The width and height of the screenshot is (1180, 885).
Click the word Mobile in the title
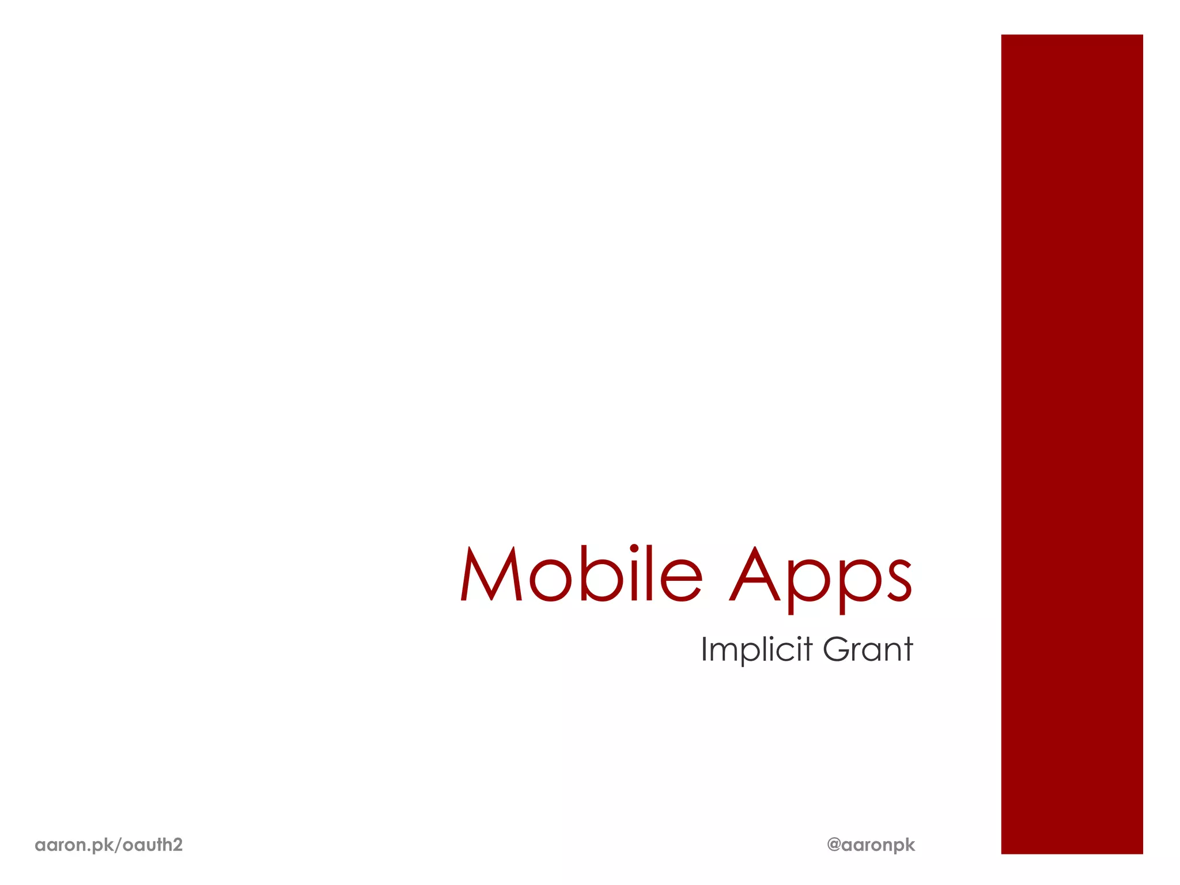581,574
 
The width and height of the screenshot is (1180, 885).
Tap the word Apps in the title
820,576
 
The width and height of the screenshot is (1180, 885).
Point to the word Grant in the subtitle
868,649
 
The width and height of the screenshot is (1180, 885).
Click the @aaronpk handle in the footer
871,845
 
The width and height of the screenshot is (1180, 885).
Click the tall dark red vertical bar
1072,444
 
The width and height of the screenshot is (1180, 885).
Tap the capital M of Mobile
491,574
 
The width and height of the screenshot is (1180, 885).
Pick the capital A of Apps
755,574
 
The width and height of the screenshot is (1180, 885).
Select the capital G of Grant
837,649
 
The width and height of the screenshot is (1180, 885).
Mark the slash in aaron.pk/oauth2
119,845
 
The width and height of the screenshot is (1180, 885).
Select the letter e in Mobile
680,578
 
